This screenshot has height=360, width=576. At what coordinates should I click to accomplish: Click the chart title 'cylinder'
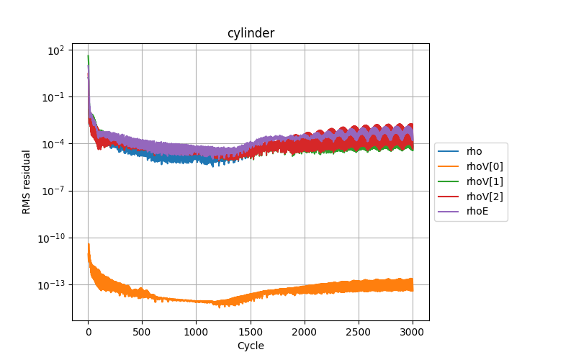point(251,33)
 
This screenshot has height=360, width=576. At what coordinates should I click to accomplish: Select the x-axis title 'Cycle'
point(251,346)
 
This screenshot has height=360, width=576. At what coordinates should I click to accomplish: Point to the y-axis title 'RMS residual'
point(27,181)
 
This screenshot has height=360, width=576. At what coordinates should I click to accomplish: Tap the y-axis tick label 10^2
point(56,50)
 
